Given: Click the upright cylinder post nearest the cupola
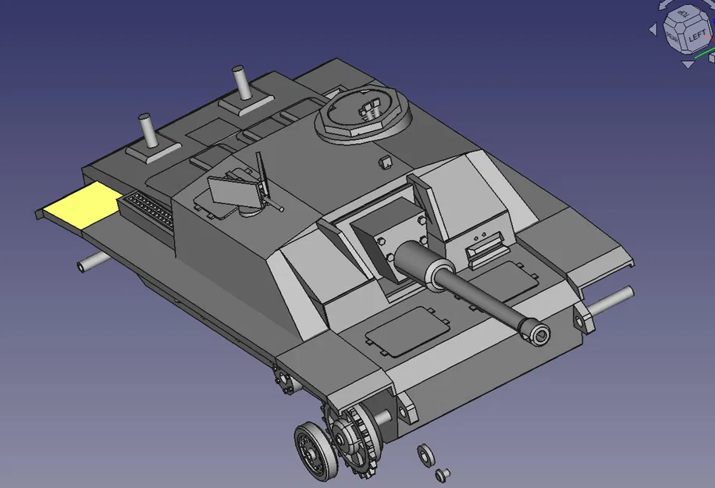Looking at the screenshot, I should click(240, 83).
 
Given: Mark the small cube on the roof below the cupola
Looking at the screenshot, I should click(383, 162).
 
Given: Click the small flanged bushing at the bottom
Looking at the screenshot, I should click(442, 473).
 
